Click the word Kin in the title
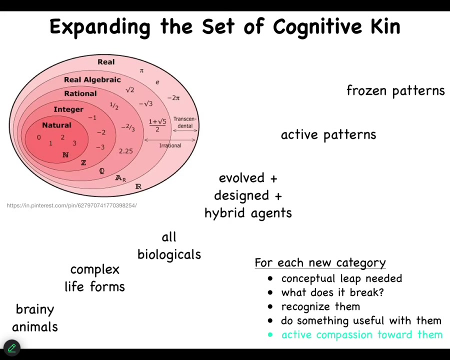point(385,26)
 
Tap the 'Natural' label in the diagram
point(56,125)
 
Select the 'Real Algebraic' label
point(92,79)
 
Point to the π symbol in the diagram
point(141,70)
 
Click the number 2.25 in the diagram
point(125,150)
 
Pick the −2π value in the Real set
point(173,98)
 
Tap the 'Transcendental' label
point(185,122)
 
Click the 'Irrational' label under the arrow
point(170,145)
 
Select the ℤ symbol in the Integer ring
point(83,162)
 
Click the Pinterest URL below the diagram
point(71,205)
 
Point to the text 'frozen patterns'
point(395,90)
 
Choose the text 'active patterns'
point(328,134)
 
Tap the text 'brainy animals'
point(35,318)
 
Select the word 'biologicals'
point(169,254)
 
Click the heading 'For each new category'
point(320,263)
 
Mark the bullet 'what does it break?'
point(332,292)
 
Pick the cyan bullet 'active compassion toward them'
point(361,335)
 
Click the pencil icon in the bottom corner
point(11,348)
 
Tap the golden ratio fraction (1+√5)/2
point(157,125)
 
